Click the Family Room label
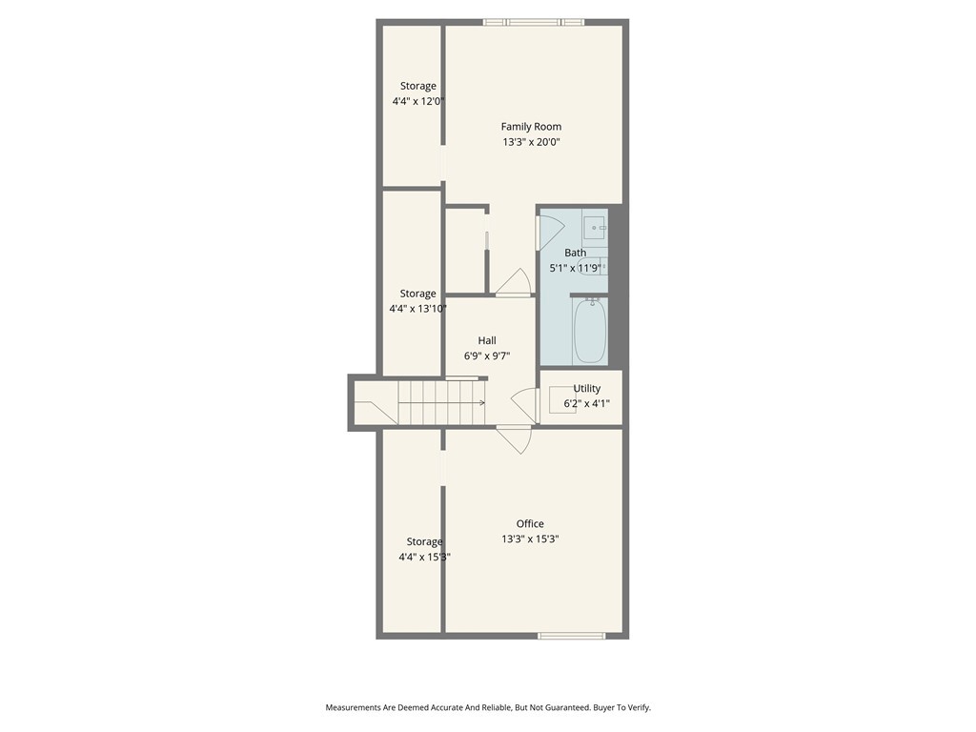coord(531,127)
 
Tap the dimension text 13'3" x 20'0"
coord(531,142)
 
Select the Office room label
coord(530,523)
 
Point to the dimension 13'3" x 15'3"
coord(530,539)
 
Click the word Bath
coord(575,253)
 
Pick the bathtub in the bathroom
coord(590,331)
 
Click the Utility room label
coord(586,388)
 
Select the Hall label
coord(487,340)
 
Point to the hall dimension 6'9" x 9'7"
coord(487,356)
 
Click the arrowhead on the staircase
coord(482,402)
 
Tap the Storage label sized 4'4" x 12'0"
coord(417,86)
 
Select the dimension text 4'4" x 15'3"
coord(424,557)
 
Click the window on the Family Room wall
coord(533,22)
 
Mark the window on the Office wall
coord(571,636)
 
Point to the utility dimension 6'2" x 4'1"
coord(586,403)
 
